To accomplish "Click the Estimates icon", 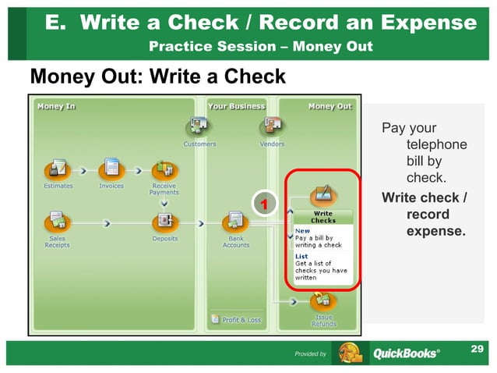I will click(x=57, y=168).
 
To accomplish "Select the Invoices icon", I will click(x=111, y=168).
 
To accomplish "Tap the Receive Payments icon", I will click(x=164, y=169).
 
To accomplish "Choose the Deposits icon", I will click(x=165, y=221).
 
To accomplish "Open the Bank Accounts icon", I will click(x=235, y=221).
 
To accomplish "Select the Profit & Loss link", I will click(x=237, y=319).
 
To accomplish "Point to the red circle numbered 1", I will click(x=264, y=204).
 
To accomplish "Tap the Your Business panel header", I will click(x=236, y=106).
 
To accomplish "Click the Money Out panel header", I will click(x=330, y=106).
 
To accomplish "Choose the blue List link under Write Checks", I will click(x=301, y=256).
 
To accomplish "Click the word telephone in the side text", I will click(x=436, y=144).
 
